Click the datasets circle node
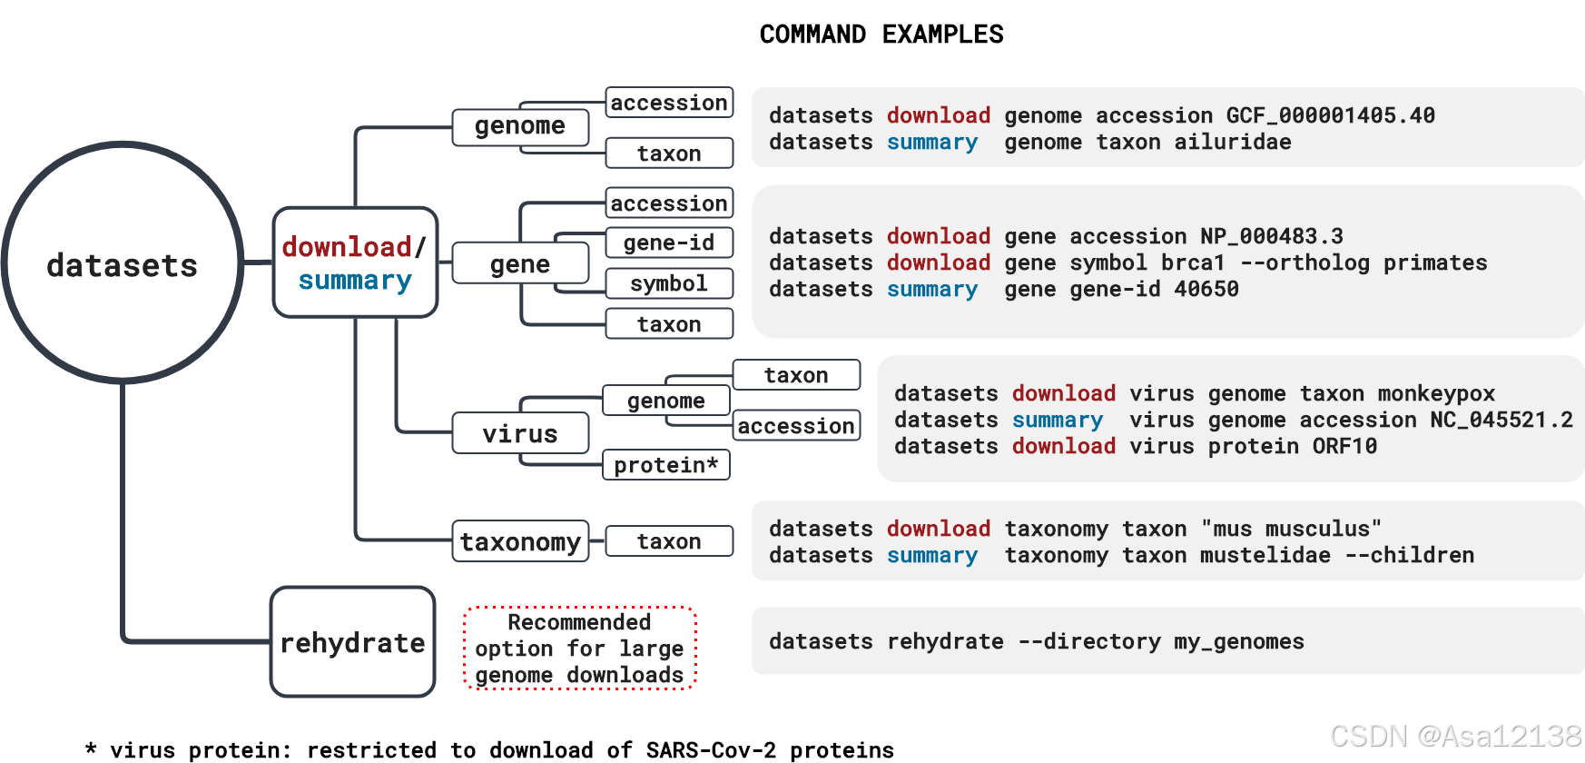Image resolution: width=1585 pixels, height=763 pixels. (123, 263)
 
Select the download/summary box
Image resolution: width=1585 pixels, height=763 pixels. (355, 263)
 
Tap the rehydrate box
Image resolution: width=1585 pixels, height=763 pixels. (352, 642)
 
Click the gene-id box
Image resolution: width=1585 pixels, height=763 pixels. (669, 243)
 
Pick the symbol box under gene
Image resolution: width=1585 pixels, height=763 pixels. (669, 283)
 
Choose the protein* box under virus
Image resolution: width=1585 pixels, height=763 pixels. (666, 465)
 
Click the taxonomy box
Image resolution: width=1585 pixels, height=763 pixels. (520, 541)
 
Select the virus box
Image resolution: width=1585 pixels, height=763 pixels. (520, 433)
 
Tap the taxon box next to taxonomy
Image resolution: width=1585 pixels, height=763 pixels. (669, 541)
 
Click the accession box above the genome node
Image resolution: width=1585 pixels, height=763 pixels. (669, 103)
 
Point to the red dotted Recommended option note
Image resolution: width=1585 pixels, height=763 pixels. (579, 649)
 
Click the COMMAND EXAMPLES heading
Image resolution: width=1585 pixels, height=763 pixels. (881, 35)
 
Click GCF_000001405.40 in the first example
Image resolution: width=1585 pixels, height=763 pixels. (1330, 115)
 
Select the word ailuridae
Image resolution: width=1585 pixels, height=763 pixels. (1232, 142)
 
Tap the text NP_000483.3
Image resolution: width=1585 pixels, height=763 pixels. (1271, 236)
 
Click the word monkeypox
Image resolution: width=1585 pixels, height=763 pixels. (1435, 393)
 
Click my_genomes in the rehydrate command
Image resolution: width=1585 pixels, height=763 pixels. (1238, 641)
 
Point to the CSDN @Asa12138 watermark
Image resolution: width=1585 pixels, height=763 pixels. (1455, 736)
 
